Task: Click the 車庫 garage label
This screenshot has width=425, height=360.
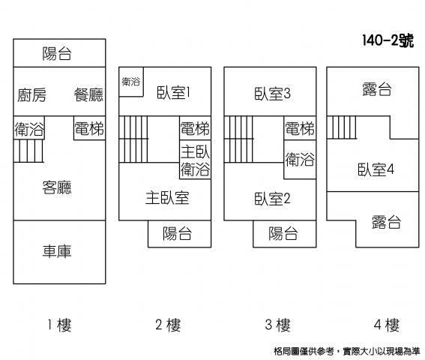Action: [x=57, y=251]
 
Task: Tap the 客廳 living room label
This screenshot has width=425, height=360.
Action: [x=57, y=187]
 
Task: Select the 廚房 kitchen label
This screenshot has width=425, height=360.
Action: [x=31, y=95]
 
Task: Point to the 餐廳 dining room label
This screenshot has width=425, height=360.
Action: [x=88, y=95]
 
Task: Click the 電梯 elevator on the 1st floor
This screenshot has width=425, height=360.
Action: [x=89, y=128]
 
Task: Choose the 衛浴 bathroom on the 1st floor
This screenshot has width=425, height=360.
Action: [x=29, y=128]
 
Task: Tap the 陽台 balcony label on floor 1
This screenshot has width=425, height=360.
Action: [x=57, y=53]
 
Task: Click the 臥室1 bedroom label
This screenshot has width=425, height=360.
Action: [x=173, y=92]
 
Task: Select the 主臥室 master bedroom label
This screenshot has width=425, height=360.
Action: [x=167, y=198]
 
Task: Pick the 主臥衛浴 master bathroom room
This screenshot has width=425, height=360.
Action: [x=195, y=160]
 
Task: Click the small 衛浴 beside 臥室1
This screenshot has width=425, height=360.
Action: [x=131, y=82]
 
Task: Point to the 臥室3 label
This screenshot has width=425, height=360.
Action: [x=272, y=94]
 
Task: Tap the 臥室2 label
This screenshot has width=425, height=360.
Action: [x=272, y=199]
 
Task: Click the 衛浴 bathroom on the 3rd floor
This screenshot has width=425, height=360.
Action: [x=300, y=159]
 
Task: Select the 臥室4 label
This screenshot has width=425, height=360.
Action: [x=376, y=169]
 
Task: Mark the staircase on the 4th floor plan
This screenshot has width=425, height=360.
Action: [x=342, y=127]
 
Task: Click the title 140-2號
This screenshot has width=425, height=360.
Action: [x=388, y=41]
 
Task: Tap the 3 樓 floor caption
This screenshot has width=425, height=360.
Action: [x=278, y=325]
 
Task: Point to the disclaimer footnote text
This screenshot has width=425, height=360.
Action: [x=346, y=351]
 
